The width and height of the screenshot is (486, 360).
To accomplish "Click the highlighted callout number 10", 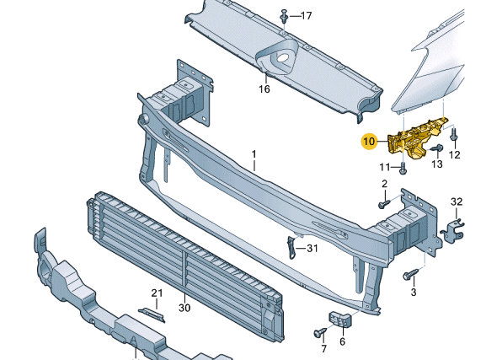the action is [x=369, y=142].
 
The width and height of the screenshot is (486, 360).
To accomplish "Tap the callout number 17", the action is [x=307, y=15].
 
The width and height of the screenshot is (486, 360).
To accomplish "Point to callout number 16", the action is [x=264, y=89].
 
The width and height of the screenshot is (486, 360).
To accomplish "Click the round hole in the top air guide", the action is [x=282, y=57].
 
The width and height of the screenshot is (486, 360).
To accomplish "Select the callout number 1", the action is [x=254, y=154].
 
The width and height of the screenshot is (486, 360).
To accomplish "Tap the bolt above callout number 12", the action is [x=453, y=134].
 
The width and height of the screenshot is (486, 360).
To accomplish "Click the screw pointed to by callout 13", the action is [x=437, y=148].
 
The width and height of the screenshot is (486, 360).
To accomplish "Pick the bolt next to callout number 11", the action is [x=403, y=168].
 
